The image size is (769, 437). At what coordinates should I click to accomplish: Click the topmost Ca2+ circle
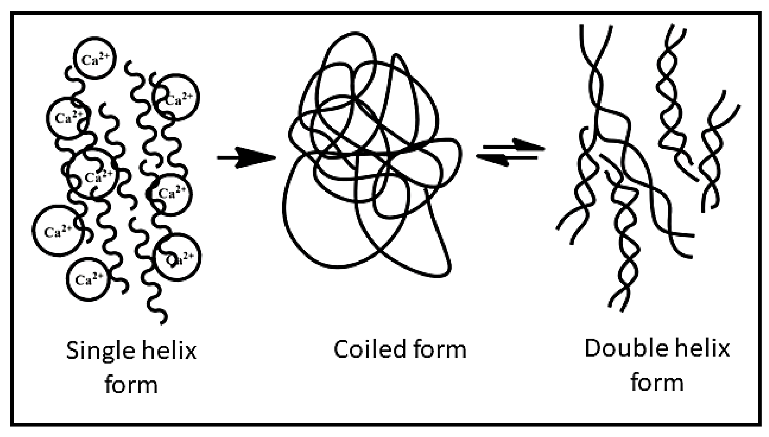point(95,58)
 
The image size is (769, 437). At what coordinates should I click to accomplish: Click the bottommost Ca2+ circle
point(88,279)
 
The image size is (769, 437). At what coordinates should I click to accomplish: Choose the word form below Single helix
point(131,385)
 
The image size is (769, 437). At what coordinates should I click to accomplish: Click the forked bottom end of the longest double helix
point(617,304)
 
